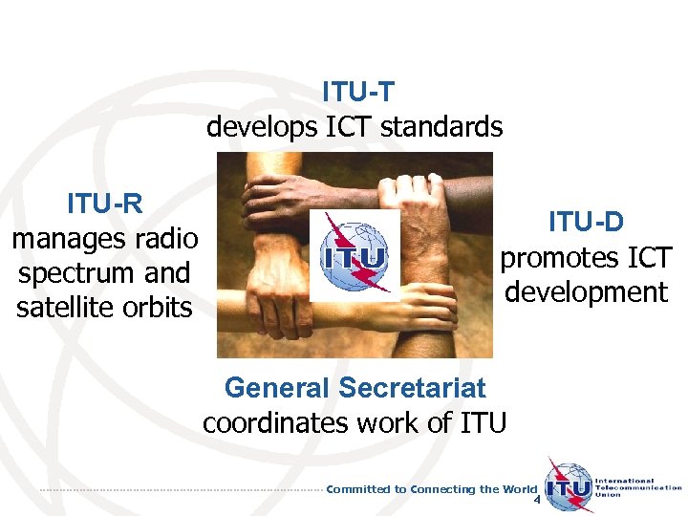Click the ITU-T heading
[x=358, y=92]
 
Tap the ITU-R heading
[x=105, y=203]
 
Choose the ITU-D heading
[x=586, y=222]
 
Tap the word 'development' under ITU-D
[x=586, y=291]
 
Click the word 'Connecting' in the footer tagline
[x=442, y=489]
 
